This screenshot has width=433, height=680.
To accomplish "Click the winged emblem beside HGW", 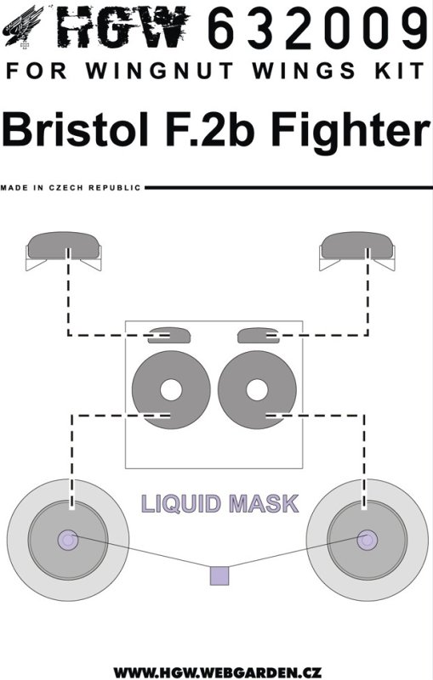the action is [24, 26].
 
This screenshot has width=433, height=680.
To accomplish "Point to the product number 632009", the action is [317, 27].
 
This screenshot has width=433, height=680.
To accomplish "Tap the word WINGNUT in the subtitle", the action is [159, 71].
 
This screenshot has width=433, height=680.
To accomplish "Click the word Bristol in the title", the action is [76, 129].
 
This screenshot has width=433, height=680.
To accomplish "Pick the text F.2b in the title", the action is [209, 129].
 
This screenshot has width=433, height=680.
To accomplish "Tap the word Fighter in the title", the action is [350, 132].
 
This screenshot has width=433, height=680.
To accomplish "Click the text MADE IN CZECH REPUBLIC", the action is [71, 188].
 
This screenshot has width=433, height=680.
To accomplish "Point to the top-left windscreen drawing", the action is [63, 250].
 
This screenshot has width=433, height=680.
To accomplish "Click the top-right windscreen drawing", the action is [357, 250].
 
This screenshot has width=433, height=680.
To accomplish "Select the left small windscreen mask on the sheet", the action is [169, 335].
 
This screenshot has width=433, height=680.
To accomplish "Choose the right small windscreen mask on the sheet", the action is [259, 335].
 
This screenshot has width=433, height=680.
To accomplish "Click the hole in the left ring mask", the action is [171, 390].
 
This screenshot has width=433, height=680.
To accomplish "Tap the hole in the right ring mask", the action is [257, 390].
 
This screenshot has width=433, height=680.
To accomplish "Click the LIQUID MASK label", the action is [220, 504].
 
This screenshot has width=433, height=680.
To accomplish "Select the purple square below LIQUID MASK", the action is [219, 575].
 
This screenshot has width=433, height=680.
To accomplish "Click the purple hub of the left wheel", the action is [68, 540].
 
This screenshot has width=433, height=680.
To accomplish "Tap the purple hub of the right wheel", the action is [367, 540].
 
